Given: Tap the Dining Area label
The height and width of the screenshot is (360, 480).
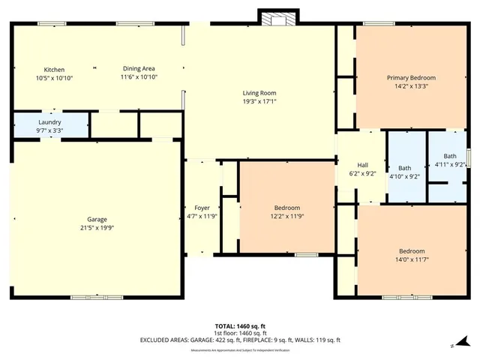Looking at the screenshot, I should [139, 69].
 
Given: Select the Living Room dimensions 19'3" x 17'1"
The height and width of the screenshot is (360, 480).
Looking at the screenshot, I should [259, 101].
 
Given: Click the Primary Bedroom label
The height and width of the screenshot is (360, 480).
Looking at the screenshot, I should [411, 77].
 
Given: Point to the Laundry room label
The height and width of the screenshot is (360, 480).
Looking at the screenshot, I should [50, 121].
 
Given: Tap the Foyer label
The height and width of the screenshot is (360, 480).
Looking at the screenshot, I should [202, 208].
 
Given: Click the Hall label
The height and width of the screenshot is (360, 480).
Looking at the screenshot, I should [362, 164].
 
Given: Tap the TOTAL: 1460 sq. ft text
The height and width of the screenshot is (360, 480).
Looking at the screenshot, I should [240, 326].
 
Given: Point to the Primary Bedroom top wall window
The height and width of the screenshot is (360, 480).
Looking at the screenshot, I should [379, 24].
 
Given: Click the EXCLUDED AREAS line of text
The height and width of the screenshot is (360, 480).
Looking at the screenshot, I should [240, 340].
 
